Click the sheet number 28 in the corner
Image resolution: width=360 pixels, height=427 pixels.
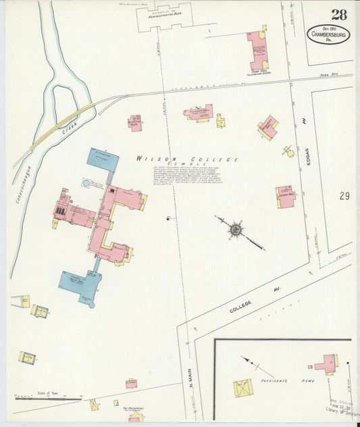coord(340,15)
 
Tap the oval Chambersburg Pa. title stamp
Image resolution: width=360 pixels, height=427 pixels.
coord(330,34)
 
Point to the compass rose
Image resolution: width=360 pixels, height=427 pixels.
coord(235,230)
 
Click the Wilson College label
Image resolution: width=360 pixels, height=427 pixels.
coord(187,159)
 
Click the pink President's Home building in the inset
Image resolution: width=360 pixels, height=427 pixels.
coord(326,365)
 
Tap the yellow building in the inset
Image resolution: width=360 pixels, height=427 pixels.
coord(243,388)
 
